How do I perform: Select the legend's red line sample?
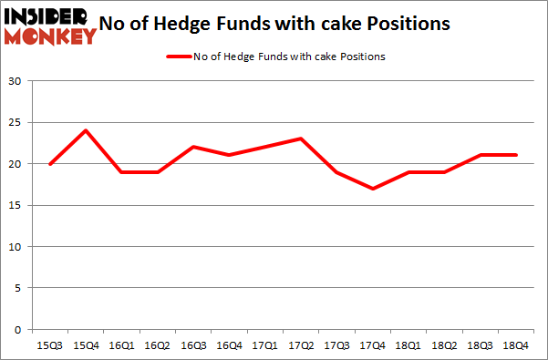[x=178, y=57]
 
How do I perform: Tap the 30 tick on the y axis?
[x=16, y=81]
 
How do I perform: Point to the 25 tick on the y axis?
[x=16, y=123]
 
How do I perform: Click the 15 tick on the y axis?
[x=16, y=205]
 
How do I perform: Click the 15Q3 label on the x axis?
[x=49, y=345]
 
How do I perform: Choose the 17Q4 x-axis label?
[x=372, y=345]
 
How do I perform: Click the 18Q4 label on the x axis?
[x=515, y=345]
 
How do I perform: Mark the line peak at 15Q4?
[x=85, y=130]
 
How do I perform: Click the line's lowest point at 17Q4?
[x=372, y=189]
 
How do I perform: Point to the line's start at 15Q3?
[x=49, y=164]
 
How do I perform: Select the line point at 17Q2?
[x=300, y=139]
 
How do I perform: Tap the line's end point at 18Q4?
[x=515, y=155]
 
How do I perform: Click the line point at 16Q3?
[x=192, y=147]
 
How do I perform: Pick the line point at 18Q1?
[x=408, y=172]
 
